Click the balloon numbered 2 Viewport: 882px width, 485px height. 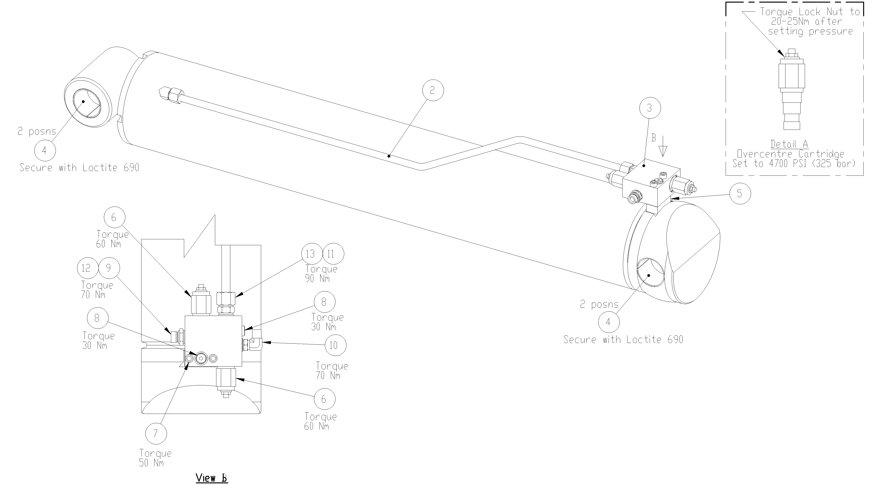[433, 90]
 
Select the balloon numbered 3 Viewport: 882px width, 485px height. [650, 108]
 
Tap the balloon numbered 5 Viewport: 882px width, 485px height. [740, 194]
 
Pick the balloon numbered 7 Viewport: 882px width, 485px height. [156, 434]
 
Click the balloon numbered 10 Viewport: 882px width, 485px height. [335, 345]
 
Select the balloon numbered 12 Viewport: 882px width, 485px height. [87, 268]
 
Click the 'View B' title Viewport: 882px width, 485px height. [212, 478]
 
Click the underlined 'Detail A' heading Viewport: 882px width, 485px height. [789, 144]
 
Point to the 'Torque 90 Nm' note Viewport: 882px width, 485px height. [321, 274]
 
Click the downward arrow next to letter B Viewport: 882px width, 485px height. [663, 147]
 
